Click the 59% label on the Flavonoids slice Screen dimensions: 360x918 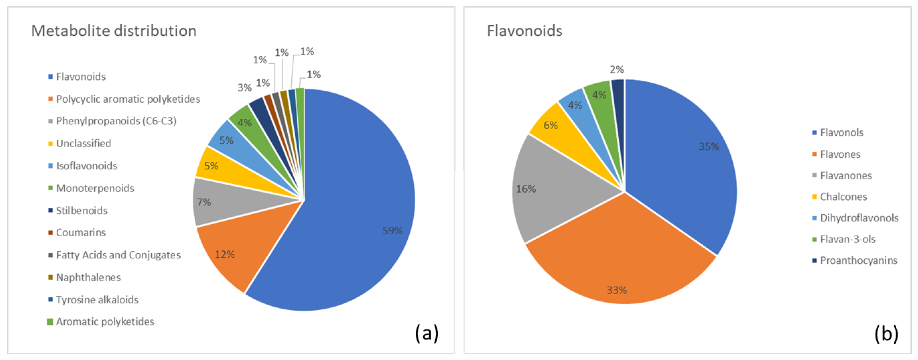(392, 231)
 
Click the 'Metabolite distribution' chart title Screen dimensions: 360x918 (114, 31)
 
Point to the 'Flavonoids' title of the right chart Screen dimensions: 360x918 (524, 31)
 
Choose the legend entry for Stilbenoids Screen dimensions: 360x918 (82, 210)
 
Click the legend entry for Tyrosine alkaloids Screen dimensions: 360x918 (97, 299)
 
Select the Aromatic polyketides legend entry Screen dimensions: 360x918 (105, 321)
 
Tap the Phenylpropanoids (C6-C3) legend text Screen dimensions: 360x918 (116, 121)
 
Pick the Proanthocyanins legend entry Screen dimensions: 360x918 (858, 260)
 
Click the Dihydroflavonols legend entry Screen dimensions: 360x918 (859, 218)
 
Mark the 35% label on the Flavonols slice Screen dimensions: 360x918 (708, 146)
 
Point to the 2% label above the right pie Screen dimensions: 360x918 (616, 69)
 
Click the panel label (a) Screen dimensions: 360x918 (426, 333)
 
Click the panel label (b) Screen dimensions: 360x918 (886, 333)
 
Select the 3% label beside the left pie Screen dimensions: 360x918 (244, 87)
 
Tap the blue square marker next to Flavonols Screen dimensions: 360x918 (814, 133)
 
